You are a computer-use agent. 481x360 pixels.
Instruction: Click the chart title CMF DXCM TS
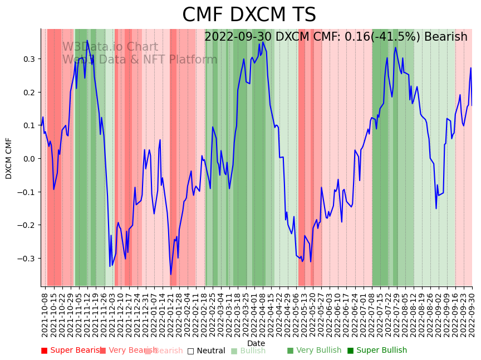[249, 15]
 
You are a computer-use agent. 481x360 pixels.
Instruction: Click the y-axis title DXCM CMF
[9, 158]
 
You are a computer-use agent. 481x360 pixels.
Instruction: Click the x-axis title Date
[256, 343]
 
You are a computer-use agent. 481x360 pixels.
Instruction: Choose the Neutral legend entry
[206, 351]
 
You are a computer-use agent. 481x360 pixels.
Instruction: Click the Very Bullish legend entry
[314, 351]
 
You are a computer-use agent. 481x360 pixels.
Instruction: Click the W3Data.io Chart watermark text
[110, 47]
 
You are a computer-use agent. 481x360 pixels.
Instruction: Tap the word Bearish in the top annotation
[445, 37]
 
